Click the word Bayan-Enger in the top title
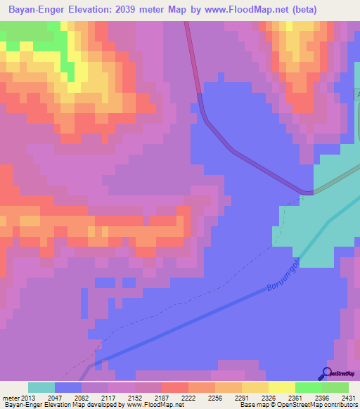point(34,10)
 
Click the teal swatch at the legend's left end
point(41,387)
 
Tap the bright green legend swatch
point(308,387)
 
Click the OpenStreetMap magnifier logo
point(327,373)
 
